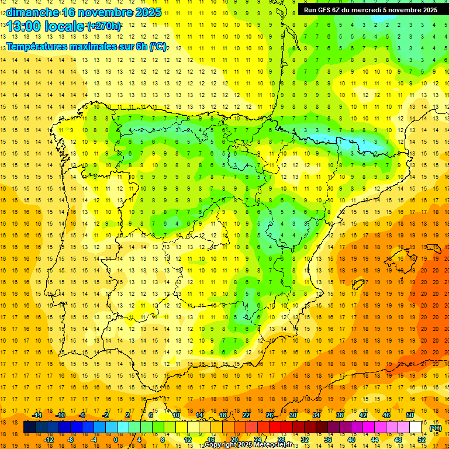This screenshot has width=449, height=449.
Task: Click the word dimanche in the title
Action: (x=33, y=12)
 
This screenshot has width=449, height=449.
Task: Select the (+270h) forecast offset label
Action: (x=104, y=26)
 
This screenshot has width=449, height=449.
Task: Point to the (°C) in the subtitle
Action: (x=158, y=46)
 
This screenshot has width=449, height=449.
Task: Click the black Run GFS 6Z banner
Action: (x=370, y=9)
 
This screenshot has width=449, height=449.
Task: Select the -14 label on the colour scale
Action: (x=36, y=415)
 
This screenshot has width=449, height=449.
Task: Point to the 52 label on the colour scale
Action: (x=422, y=439)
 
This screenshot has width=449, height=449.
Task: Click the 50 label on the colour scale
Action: (x=410, y=415)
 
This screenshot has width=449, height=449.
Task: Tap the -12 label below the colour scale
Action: (x=49, y=439)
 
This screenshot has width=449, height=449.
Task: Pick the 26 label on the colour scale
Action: (x=270, y=415)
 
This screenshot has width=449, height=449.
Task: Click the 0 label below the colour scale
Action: (x=115, y=439)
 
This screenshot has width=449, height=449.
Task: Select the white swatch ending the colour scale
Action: (x=416, y=427)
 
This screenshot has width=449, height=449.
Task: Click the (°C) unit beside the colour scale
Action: (x=436, y=428)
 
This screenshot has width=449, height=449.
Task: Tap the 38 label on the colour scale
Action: (x=340, y=415)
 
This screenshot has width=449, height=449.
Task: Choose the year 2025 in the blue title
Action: (x=146, y=12)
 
